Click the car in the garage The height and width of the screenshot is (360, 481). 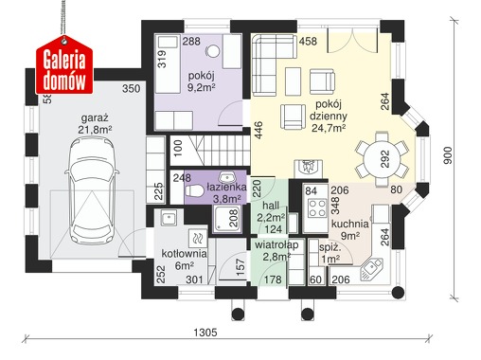tap(92, 192)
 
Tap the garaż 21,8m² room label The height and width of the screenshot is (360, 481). tap(95, 124)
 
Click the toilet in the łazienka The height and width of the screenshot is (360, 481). tap(194, 190)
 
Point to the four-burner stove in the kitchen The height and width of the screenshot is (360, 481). tap(317, 207)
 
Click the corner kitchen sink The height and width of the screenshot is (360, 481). tap(371, 269)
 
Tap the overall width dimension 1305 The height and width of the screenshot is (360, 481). tap(205, 333)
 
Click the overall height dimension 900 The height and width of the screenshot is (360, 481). tap(448, 155)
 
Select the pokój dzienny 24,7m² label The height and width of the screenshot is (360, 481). tap(329, 116)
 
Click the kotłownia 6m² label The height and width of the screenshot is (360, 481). tap(185, 260)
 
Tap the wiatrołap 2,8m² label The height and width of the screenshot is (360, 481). tap(276, 250)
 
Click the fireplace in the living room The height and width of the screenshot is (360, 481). tap(309, 169)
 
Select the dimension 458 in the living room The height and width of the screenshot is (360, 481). tap(308, 42)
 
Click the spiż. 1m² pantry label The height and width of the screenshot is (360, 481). tap(330, 253)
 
